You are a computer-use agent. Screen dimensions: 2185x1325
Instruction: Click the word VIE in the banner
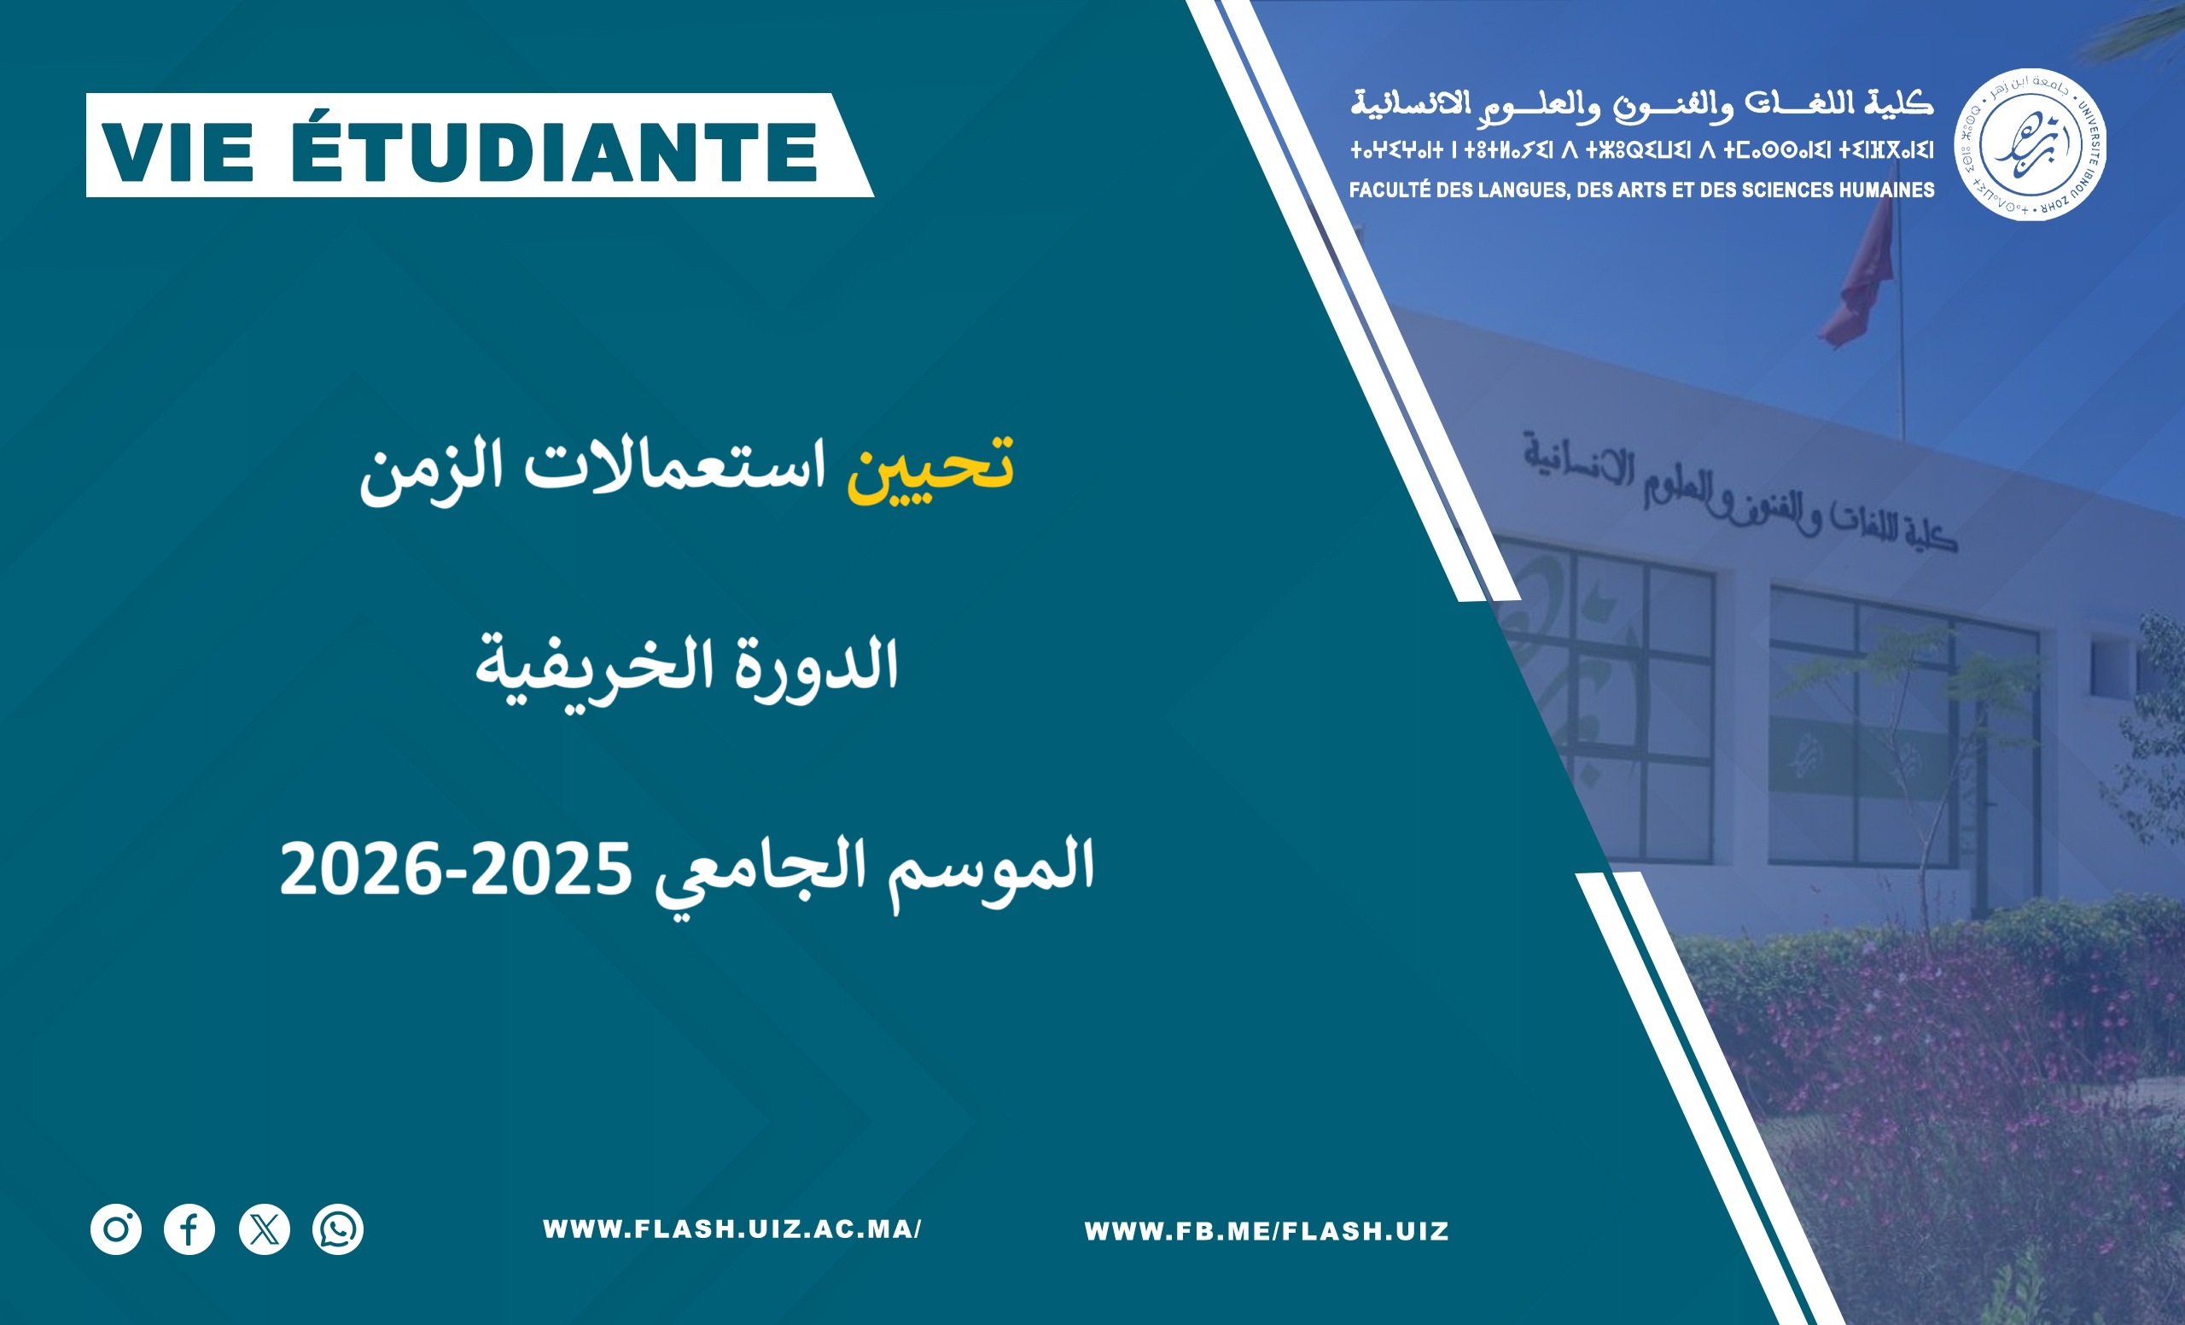click(x=178, y=152)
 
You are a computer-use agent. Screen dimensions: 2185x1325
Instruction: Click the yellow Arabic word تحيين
click(x=929, y=468)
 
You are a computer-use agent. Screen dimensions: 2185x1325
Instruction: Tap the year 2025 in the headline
click(x=550, y=869)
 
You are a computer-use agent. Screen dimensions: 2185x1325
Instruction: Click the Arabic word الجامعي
click(x=760, y=873)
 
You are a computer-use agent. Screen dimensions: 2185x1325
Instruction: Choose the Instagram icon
click(x=116, y=1229)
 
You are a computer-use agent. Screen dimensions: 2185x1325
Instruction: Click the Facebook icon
click(x=189, y=1229)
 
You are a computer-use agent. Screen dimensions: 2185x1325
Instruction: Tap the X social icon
click(x=265, y=1229)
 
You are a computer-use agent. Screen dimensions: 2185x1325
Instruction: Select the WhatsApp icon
click(x=338, y=1229)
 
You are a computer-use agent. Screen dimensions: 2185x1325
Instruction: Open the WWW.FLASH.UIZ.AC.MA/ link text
click(x=732, y=1229)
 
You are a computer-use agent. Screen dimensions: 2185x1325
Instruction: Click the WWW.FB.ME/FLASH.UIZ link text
click(x=1267, y=1231)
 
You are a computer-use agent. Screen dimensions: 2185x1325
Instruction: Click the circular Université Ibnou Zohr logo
click(x=2031, y=143)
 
